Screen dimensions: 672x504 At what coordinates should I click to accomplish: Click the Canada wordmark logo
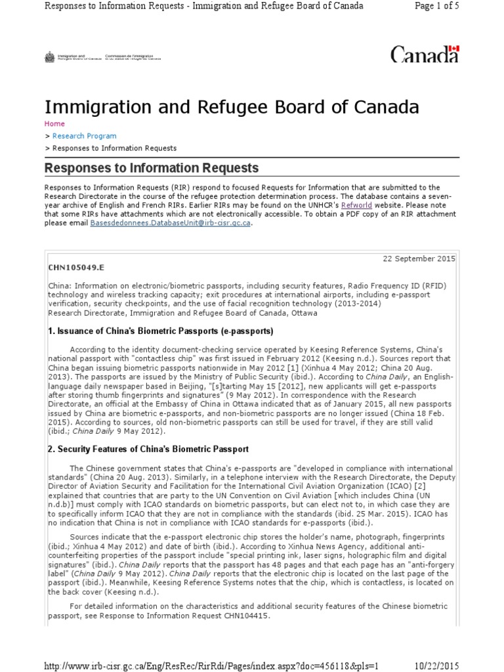[424, 55]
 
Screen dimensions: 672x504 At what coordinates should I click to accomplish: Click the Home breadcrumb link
[54, 123]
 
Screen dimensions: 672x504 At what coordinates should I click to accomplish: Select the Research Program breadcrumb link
[84, 136]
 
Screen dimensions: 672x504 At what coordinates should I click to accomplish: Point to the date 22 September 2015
[419, 259]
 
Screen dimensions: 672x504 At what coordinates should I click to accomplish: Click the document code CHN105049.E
[76, 268]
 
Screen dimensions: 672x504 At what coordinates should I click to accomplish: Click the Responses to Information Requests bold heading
[151, 169]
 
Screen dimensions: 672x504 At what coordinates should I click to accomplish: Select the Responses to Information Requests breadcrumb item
[114, 148]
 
